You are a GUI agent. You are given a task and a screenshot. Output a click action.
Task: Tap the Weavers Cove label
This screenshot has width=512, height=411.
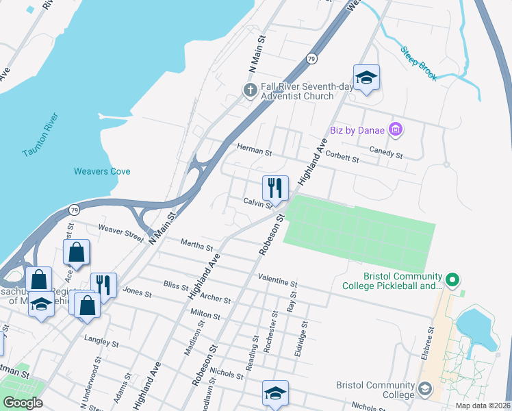click(x=102, y=171)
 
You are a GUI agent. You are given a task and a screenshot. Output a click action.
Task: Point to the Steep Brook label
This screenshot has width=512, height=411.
click(x=418, y=64)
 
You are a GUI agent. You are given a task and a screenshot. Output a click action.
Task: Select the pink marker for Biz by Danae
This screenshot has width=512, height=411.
click(x=394, y=129)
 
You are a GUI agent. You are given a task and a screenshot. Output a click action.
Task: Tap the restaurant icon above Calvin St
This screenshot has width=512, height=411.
click(x=275, y=188)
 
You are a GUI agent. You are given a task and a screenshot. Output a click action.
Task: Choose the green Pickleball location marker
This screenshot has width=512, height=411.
click(x=451, y=279)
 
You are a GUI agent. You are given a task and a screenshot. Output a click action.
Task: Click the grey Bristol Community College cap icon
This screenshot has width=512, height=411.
click(x=425, y=389)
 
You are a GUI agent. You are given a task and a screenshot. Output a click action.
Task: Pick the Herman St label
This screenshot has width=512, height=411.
click(x=254, y=147)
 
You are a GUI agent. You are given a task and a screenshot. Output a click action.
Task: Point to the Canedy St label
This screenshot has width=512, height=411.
click(x=386, y=153)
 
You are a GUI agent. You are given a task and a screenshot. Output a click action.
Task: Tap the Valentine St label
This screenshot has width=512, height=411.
click(x=277, y=281)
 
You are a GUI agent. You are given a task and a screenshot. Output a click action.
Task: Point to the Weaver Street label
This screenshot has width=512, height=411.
click(x=120, y=232)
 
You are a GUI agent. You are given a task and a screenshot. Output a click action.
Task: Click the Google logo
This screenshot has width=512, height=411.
click(x=23, y=403)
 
